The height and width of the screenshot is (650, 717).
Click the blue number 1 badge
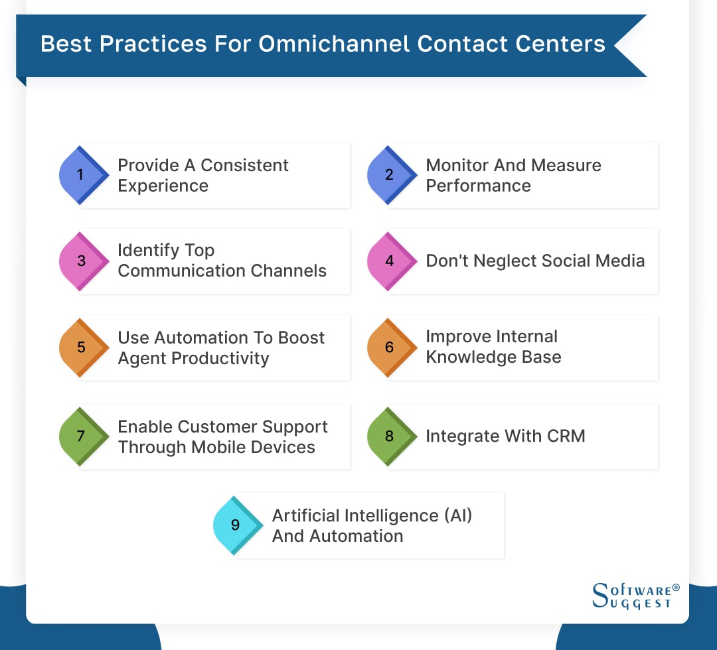pyautogui.click(x=81, y=175)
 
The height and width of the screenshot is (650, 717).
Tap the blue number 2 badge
pyautogui.click(x=389, y=175)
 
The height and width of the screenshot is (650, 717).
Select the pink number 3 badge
pyautogui.click(x=81, y=261)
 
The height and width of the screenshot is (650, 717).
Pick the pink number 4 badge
pyautogui.click(x=389, y=261)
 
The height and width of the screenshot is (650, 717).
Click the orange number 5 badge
pyautogui.click(x=81, y=348)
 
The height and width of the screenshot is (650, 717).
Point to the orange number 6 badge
pyautogui.click(x=389, y=348)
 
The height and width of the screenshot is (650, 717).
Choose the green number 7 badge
pyautogui.click(x=81, y=436)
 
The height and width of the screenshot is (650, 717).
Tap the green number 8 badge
pyautogui.click(x=389, y=436)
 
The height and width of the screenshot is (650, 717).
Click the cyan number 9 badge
pyautogui.click(x=235, y=525)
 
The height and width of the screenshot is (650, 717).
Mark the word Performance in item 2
pyautogui.click(x=478, y=186)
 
